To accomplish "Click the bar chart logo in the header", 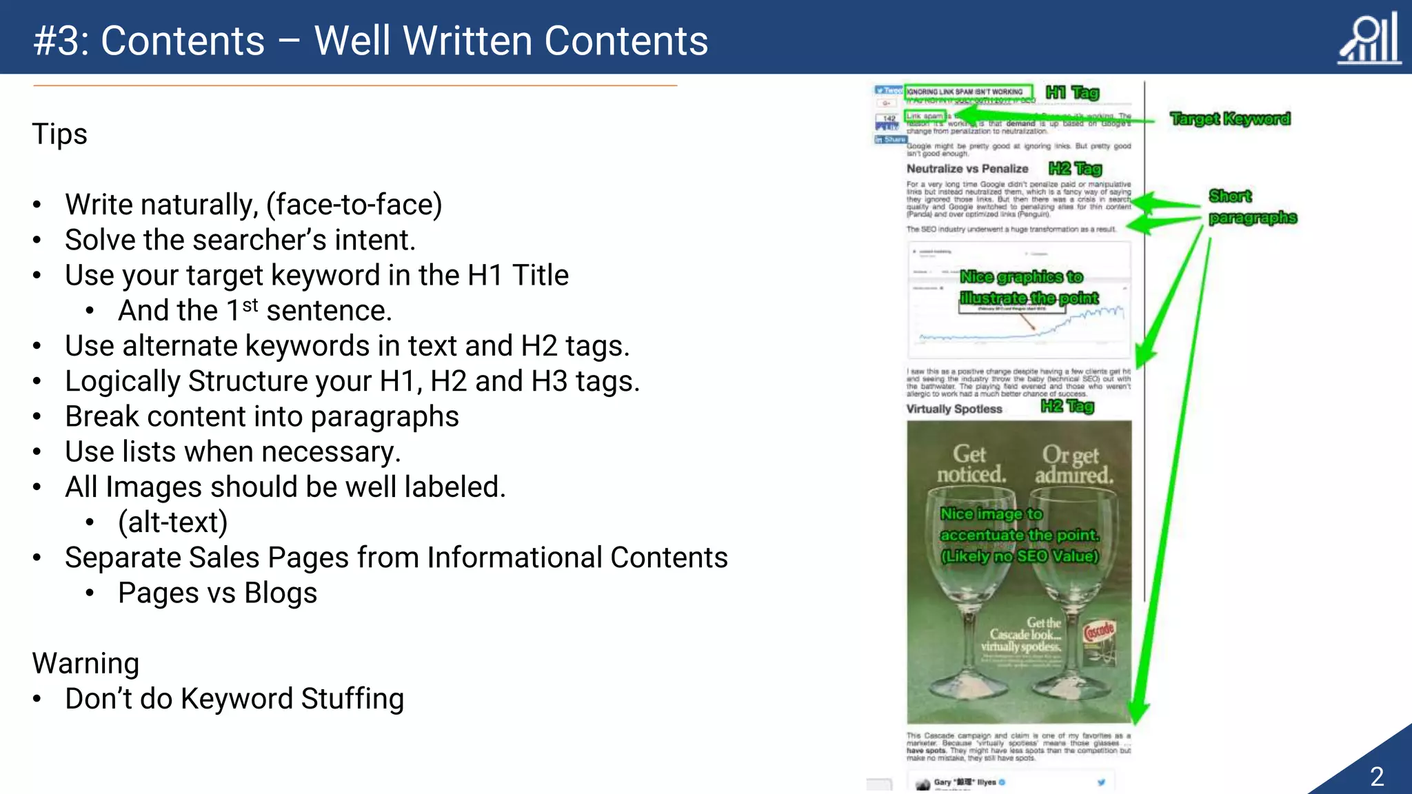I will (x=1369, y=39).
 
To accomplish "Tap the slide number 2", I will (x=1377, y=777).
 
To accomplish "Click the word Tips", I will (x=60, y=134).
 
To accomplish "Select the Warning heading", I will (x=86, y=663).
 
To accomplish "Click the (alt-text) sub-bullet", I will (x=172, y=522).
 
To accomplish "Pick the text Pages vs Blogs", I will (x=217, y=593).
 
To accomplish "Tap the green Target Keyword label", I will (x=1230, y=119).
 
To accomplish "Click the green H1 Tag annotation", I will (x=1072, y=92).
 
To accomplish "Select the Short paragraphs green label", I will (x=1251, y=207).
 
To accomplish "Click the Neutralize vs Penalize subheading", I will (x=967, y=169).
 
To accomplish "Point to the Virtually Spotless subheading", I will (x=954, y=409).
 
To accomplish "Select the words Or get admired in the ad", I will (x=1073, y=465).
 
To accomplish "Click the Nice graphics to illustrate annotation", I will (x=1028, y=287).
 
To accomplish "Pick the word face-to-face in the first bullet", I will (x=354, y=205).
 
